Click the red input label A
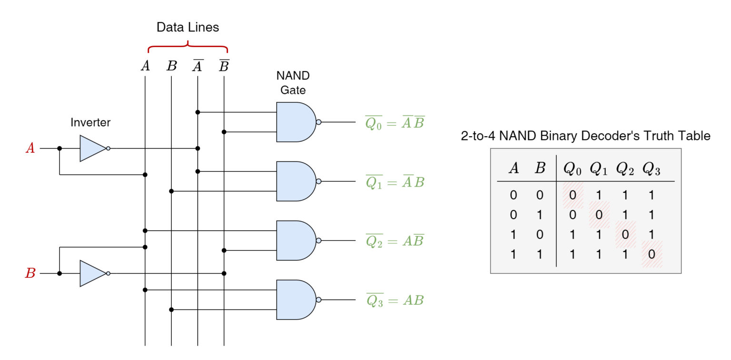[x=30, y=148]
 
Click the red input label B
[x=30, y=273]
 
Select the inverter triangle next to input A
[x=92, y=149]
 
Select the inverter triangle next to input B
[x=92, y=273]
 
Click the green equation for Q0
[x=395, y=123]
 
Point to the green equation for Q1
[x=395, y=182]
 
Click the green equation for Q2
[x=395, y=241]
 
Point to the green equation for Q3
[x=395, y=300]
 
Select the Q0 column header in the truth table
[x=573, y=169]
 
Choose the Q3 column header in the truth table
[x=652, y=169]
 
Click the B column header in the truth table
[x=540, y=168]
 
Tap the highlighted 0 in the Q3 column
[x=652, y=254]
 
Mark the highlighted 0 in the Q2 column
[x=625, y=234]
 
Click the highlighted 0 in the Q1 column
[x=599, y=215]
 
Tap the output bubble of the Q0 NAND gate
[x=318, y=122]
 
